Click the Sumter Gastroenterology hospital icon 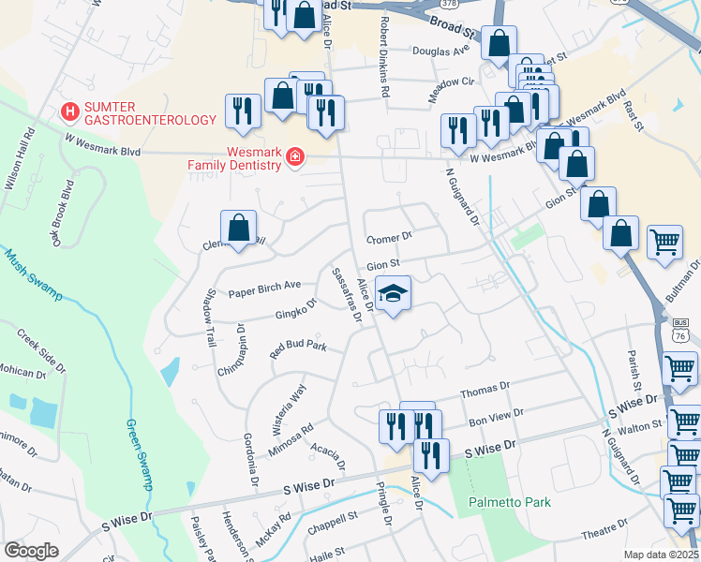68,112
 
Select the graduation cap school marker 395,294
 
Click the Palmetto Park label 510,502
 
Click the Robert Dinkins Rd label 383,56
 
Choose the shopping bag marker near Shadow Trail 239,228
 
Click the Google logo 31,550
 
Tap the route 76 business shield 680,330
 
